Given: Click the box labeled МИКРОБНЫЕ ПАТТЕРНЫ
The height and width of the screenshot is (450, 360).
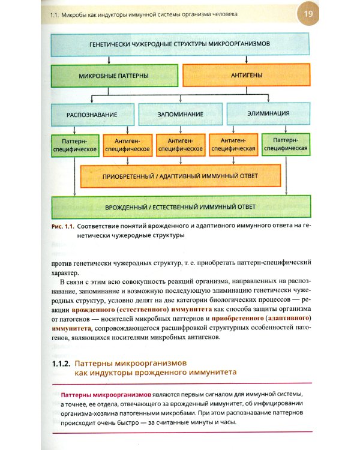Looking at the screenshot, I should [114, 77].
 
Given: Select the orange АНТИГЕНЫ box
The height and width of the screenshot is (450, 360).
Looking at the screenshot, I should [246, 76].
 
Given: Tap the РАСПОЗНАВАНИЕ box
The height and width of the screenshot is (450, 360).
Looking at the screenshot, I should [92, 113].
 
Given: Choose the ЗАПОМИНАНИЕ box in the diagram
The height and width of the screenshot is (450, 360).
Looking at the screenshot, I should [179, 113].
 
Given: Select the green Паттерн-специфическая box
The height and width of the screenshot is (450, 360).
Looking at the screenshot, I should [286, 145].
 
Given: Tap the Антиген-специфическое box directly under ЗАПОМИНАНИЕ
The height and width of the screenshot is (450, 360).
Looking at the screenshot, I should [180, 145].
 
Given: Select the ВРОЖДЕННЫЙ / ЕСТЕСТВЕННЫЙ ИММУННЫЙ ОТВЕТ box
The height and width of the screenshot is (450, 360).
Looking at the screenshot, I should [180, 207].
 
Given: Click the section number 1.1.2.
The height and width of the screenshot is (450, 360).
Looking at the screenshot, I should [61, 364].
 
